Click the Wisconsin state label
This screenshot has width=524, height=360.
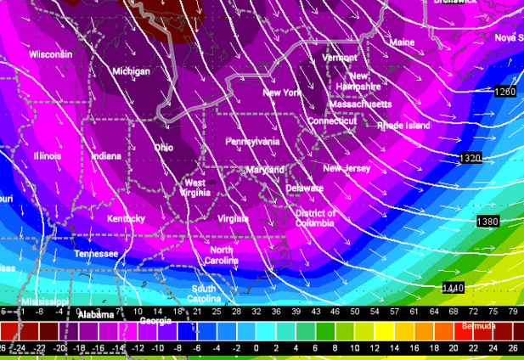click(52, 54)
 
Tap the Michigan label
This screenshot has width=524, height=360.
click(131, 71)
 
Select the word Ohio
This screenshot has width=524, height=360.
click(164, 147)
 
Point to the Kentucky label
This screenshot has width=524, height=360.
click(126, 219)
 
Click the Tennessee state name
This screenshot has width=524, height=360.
click(96, 254)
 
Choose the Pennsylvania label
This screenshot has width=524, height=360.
click(252, 142)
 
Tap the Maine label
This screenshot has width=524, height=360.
click(402, 42)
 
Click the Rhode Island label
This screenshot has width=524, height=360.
click(403, 125)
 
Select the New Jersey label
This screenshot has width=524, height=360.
click(347, 168)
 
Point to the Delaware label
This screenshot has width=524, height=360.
click(304, 188)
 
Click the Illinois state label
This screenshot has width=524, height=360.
click(48, 156)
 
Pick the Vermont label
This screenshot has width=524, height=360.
click(340, 58)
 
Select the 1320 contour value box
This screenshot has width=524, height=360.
click(470, 158)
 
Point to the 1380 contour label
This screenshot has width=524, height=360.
click(487, 221)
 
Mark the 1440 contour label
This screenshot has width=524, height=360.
click(453, 288)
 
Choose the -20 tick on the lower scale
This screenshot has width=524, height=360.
click(59, 348)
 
